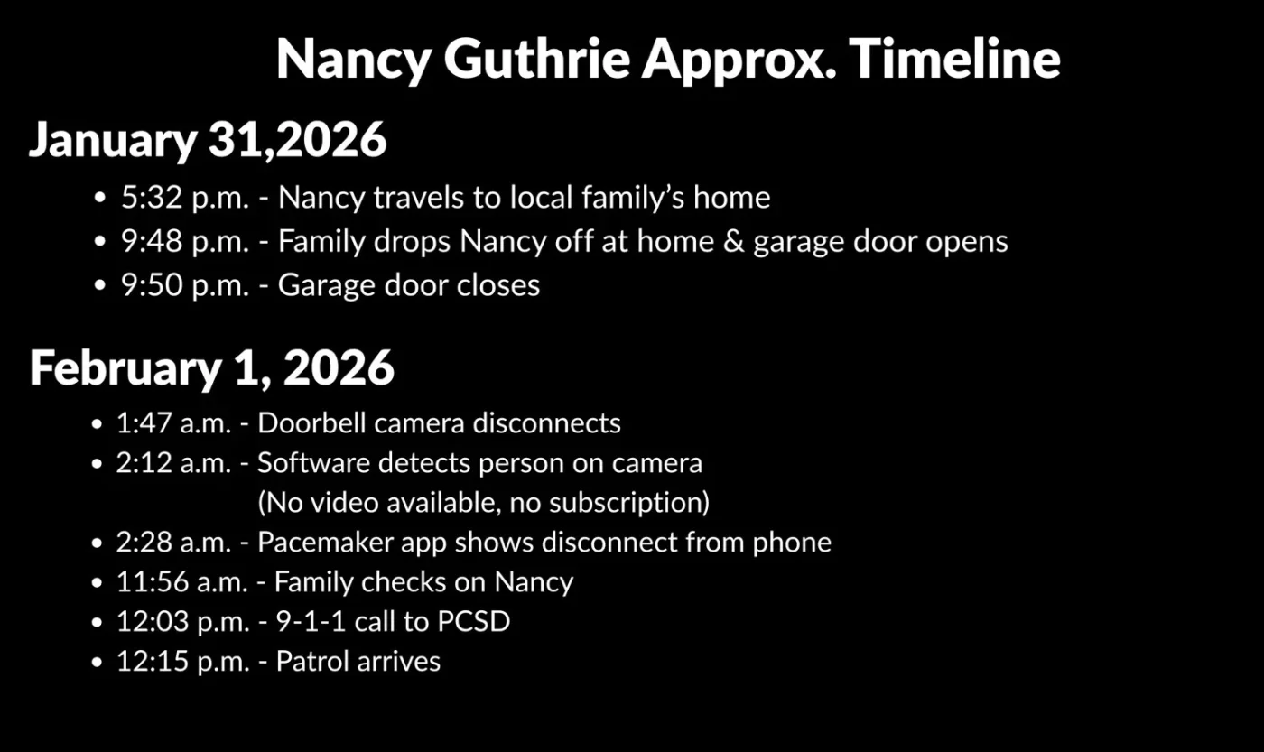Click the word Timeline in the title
tap(954, 60)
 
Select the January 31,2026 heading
tap(208, 140)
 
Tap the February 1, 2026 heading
tap(212, 367)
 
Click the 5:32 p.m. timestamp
tap(185, 198)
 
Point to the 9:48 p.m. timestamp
tap(185, 242)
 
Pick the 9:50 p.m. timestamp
tap(185, 285)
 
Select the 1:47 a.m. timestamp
tap(181, 423)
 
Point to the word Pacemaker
tap(325, 543)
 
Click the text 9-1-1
tap(310, 622)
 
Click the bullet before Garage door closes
tap(101, 286)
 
